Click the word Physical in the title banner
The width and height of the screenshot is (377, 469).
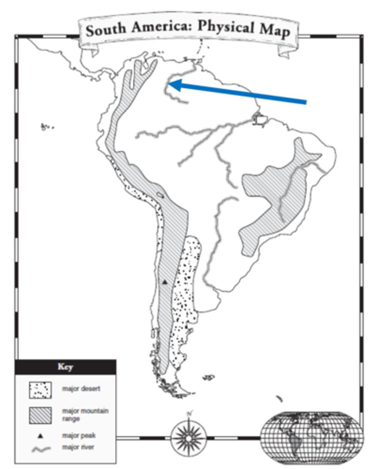pyautogui.click(x=222, y=27)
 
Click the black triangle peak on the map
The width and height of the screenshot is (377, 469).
pyautogui.click(x=165, y=281)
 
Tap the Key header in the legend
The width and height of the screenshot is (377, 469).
pyautogui.click(x=65, y=367)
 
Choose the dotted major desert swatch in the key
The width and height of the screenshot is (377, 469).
pyautogui.click(x=40, y=389)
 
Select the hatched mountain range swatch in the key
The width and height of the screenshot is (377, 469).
pyautogui.click(x=40, y=415)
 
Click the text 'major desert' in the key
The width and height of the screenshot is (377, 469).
pyautogui.click(x=81, y=389)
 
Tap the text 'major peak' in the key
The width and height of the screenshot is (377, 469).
pyautogui.click(x=79, y=435)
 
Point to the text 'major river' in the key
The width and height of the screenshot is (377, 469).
pyautogui.click(x=78, y=447)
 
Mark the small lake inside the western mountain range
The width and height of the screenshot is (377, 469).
pyautogui.click(x=160, y=194)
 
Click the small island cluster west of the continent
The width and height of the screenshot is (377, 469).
pyautogui.click(x=47, y=127)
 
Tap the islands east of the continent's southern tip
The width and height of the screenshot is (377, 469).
pyautogui.click(x=208, y=378)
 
